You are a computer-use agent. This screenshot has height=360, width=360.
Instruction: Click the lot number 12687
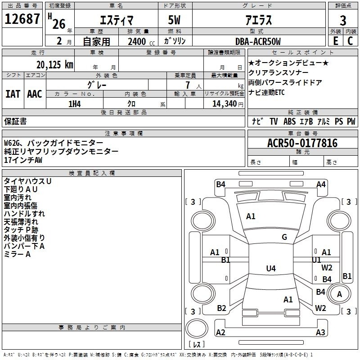[x=22, y=19]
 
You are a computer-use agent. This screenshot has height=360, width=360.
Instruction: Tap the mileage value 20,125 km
[x=54, y=65]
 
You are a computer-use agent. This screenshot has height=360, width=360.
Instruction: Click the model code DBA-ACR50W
[x=258, y=41]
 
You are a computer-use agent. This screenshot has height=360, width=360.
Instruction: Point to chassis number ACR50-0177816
[x=302, y=143]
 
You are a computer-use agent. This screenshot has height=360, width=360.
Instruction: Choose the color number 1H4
[x=75, y=104]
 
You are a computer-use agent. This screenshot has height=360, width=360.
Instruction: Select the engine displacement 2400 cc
[x=141, y=42]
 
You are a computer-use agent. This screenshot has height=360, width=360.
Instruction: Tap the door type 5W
[x=174, y=20]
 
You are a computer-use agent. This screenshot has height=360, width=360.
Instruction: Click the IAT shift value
[x=13, y=94]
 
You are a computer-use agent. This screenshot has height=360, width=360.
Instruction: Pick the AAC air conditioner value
[x=35, y=94]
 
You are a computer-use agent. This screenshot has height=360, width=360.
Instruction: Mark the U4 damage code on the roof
[x=271, y=268]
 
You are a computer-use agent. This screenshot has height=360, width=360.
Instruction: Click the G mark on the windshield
[x=284, y=237]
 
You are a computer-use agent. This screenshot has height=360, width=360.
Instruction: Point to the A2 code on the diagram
[x=220, y=332]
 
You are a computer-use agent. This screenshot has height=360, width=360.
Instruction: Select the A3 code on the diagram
[x=320, y=332]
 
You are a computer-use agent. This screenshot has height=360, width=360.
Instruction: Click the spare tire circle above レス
[x=197, y=328]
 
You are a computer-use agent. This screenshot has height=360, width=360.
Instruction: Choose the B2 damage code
[x=221, y=308]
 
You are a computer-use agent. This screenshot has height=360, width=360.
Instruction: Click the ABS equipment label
[x=289, y=121]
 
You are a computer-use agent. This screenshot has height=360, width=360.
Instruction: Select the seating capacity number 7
[x=188, y=85]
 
